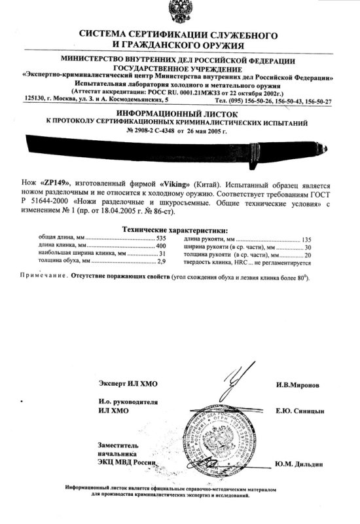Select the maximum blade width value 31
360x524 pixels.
pyautogui.click(x=163, y=253)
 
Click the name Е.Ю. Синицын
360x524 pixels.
pyautogui.click(x=299, y=411)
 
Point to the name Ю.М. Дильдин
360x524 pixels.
pyautogui.click(x=300, y=464)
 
